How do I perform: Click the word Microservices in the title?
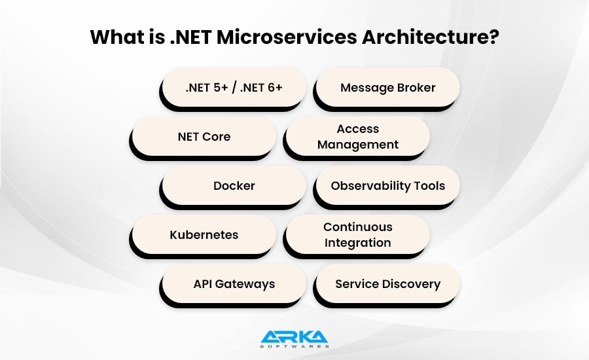point(287,37)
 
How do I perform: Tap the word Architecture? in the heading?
point(431,37)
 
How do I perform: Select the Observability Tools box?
point(387,186)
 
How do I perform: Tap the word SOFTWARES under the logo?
point(294,346)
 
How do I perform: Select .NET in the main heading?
point(190,37)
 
